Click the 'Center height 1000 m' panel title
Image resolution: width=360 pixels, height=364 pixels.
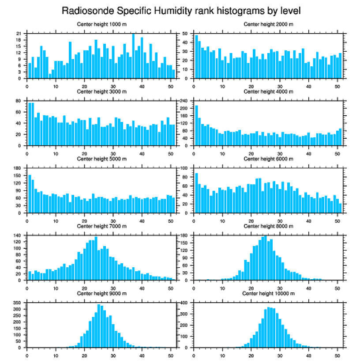(101, 24)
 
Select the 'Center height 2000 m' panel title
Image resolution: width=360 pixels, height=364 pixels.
(268, 24)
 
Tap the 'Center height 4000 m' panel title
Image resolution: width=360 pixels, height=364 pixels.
(268, 91)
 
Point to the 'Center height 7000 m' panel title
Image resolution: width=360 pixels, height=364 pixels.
(101, 226)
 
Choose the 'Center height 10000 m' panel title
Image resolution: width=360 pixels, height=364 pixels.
(268, 293)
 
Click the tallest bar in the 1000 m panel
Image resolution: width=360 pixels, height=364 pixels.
(133, 56)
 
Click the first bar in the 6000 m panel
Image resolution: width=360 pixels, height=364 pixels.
(196, 193)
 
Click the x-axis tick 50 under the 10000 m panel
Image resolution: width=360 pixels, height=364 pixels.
(337, 354)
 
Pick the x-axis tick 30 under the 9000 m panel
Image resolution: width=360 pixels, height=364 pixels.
(113, 354)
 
